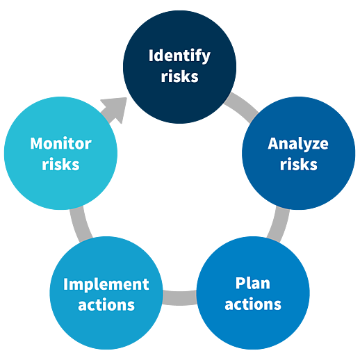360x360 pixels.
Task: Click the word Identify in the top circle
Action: pyautogui.click(x=179, y=56)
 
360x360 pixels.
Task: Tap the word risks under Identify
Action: pyautogui.click(x=180, y=76)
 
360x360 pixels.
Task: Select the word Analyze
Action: pyautogui.click(x=298, y=145)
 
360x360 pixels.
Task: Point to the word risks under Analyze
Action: pyautogui.click(x=299, y=164)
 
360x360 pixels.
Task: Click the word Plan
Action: pyautogui.click(x=253, y=283)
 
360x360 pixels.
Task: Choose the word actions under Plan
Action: pyautogui.click(x=253, y=304)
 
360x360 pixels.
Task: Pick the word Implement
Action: pyautogui.click(x=106, y=285)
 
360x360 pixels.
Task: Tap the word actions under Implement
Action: pyautogui.click(x=106, y=305)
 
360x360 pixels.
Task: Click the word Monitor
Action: pyautogui.click(x=60, y=143)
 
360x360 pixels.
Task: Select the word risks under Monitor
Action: pyautogui.click(x=60, y=164)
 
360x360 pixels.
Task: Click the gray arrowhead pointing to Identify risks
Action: pyautogui.click(x=116, y=109)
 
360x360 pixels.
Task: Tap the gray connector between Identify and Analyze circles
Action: pyautogui.click(x=242, y=107)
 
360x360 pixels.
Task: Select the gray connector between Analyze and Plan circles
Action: pyautogui.click(x=279, y=224)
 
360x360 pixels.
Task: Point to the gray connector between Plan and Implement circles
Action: pyautogui.click(x=180, y=297)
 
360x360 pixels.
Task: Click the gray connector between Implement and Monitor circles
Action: pyautogui.click(x=81, y=224)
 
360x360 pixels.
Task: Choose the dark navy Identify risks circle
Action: pyautogui.click(x=180, y=67)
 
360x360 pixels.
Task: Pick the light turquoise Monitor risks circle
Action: pyautogui.click(x=60, y=154)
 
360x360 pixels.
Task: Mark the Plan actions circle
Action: pyautogui.click(x=253, y=293)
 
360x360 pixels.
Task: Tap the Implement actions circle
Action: pyautogui.click(x=106, y=293)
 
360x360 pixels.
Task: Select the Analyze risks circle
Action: pyautogui.click(x=299, y=154)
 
